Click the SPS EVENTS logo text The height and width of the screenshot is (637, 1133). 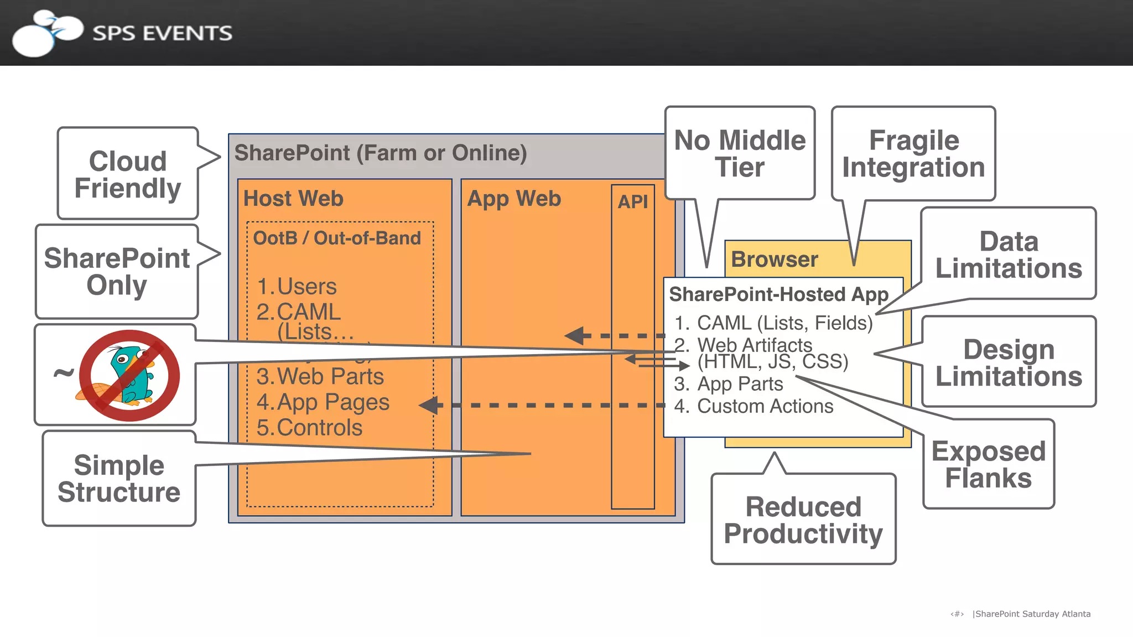click(162, 33)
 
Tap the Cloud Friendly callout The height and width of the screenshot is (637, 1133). click(128, 174)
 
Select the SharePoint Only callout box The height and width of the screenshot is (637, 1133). click(117, 271)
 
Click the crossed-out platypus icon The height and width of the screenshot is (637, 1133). click(129, 375)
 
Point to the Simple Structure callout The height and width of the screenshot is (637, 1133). click(119, 479)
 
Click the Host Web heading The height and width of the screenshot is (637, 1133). click(293, 199)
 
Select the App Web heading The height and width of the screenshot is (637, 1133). click(514, 199)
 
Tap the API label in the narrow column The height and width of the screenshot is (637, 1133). click(632, 202)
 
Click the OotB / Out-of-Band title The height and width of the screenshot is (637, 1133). click(337, 238)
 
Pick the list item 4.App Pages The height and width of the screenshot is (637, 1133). click(323, 402)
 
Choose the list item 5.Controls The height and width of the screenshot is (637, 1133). click(309, 428)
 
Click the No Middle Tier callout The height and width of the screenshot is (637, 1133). click(740, 153)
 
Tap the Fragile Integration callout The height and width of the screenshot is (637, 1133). click(913, 153)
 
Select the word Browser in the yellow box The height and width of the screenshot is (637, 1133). click(774, 260)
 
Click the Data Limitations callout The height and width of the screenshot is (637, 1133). click(1008, 255)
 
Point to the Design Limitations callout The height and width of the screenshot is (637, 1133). click(1008, 362)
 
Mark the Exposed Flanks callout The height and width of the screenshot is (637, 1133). click(988, 464)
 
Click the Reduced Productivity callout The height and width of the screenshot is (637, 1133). click(803, 520)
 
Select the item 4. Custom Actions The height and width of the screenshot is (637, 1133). click(753, 406)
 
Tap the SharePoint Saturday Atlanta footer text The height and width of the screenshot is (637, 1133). click(1032, 614)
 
